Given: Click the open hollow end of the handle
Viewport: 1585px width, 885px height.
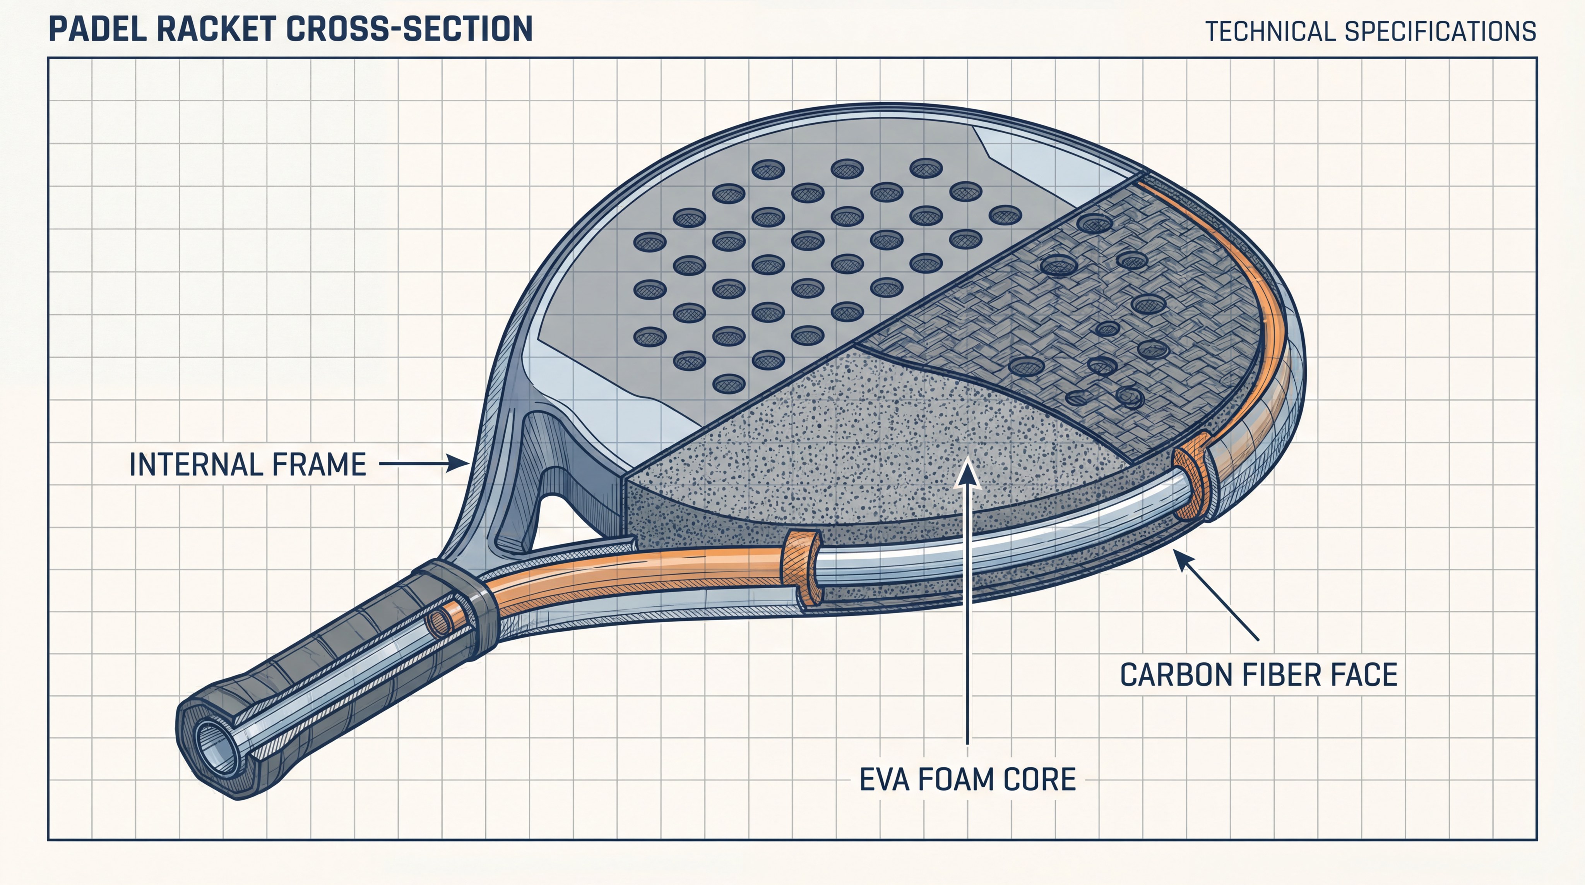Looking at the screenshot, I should point(216,750).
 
